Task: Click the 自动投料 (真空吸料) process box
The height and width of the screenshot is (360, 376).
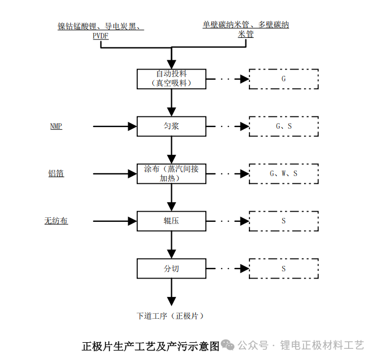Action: [x=172, y=79]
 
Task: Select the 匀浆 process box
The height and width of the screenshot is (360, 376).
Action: [x=172, y=127]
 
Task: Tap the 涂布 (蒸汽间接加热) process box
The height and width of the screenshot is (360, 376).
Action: [x=172, y=174]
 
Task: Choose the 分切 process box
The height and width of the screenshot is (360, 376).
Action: [x=172, y=269]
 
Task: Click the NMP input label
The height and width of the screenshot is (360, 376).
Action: [x=56, y=127]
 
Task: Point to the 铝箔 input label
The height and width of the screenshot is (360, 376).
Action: [x=56, y=174]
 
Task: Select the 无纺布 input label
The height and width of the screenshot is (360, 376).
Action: [x=56, y=221]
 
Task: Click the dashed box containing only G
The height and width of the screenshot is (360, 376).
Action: [x=283, y=79]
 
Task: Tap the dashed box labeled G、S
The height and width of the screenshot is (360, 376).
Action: [x=283, y=127]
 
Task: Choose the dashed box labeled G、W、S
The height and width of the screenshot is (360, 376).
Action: [x=283, y=174]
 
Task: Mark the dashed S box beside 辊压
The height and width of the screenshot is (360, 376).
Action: [x=283, y=221]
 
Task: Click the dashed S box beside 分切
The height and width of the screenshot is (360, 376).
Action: [x=283, y=269]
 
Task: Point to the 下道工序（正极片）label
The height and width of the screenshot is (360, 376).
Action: [x=171, y=316]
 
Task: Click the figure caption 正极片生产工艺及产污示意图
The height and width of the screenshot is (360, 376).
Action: [x=151, y=346]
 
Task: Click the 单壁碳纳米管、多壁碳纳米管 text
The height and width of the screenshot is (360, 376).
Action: [x=245, y=29]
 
